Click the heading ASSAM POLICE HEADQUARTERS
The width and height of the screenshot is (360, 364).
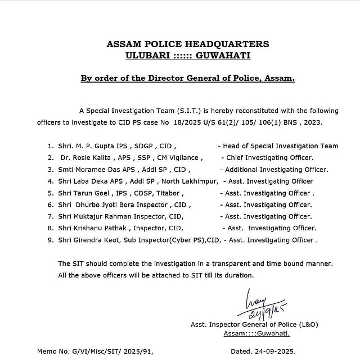[188, 44]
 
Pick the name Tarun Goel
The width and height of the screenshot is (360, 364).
[91, 193]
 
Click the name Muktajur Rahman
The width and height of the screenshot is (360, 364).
[102, 216]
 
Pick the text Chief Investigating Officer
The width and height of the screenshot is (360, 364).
[269, 158]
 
